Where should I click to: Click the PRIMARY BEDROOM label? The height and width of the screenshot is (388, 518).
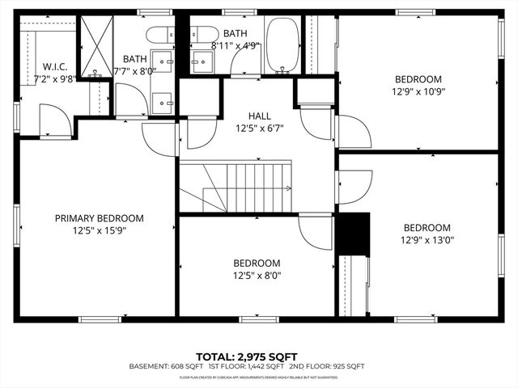(99, 218)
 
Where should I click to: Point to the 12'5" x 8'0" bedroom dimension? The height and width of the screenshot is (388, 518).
(257, 275)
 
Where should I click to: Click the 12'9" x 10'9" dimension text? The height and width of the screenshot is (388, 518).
(418, 91)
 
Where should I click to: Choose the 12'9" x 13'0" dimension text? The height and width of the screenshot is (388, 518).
(427, 239)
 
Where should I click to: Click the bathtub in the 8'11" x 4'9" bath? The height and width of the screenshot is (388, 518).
(282, 46)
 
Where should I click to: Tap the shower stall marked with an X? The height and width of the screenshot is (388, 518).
(98, 45)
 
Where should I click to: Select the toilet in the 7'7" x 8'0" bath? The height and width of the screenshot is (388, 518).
(157, 35)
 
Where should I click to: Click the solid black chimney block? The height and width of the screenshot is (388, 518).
(352, 234)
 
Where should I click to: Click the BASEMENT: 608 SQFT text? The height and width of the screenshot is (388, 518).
(159, 367)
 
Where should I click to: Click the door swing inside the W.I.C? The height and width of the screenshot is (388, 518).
(53, 121)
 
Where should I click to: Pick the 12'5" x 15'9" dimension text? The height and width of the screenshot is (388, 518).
(99, 230)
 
